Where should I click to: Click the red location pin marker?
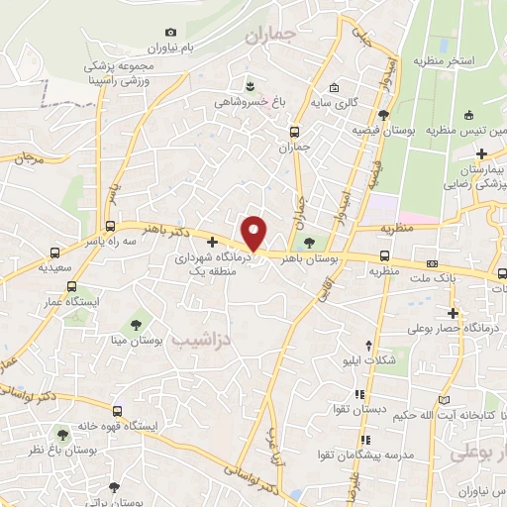tap(255, 233)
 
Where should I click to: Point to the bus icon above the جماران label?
tap(294, 132)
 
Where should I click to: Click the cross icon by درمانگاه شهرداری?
tap(212, 242)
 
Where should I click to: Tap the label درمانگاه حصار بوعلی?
tap(458, 329)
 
